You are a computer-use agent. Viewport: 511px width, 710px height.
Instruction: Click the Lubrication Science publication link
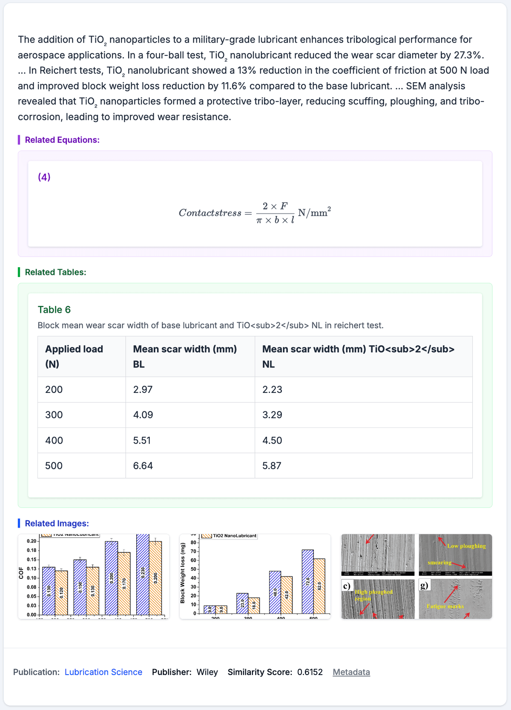(x=103, y=672)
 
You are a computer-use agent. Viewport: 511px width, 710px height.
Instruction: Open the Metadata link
(x=351, y=672)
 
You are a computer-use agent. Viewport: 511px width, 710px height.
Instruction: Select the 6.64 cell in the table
(x=143, y=466)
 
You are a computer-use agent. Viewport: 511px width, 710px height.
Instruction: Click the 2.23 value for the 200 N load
(x=273, y=390)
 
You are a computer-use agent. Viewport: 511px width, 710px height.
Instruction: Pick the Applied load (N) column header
(x=74, y=356)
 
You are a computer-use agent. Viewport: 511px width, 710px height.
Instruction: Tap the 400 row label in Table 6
(x=54, y=440)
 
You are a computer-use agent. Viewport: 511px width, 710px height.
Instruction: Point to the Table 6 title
(x=54, y=310)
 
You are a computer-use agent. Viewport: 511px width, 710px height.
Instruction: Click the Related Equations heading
(x=62, y=140)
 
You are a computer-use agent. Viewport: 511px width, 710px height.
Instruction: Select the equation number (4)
(x=44, y=177)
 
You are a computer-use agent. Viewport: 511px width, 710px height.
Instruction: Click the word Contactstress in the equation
(x=210, y=213)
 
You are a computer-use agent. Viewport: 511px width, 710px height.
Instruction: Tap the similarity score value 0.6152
(x=310, y=672)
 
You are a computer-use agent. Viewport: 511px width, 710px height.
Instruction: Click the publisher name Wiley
(x=207, y=672)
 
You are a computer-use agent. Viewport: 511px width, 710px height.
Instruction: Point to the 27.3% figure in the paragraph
(x=468, y=55)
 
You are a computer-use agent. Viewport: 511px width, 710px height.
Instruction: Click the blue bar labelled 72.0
(x=307, y=582)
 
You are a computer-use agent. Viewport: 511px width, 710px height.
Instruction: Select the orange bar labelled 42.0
(x=287, y=595)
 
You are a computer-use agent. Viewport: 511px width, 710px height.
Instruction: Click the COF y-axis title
(x=21, y=573)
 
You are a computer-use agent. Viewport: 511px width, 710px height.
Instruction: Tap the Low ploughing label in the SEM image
(x=466, y=546)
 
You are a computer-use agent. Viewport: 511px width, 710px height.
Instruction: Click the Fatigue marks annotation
(x=445, y=606)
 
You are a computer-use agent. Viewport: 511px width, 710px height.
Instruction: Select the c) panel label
(x=347, y=586)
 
